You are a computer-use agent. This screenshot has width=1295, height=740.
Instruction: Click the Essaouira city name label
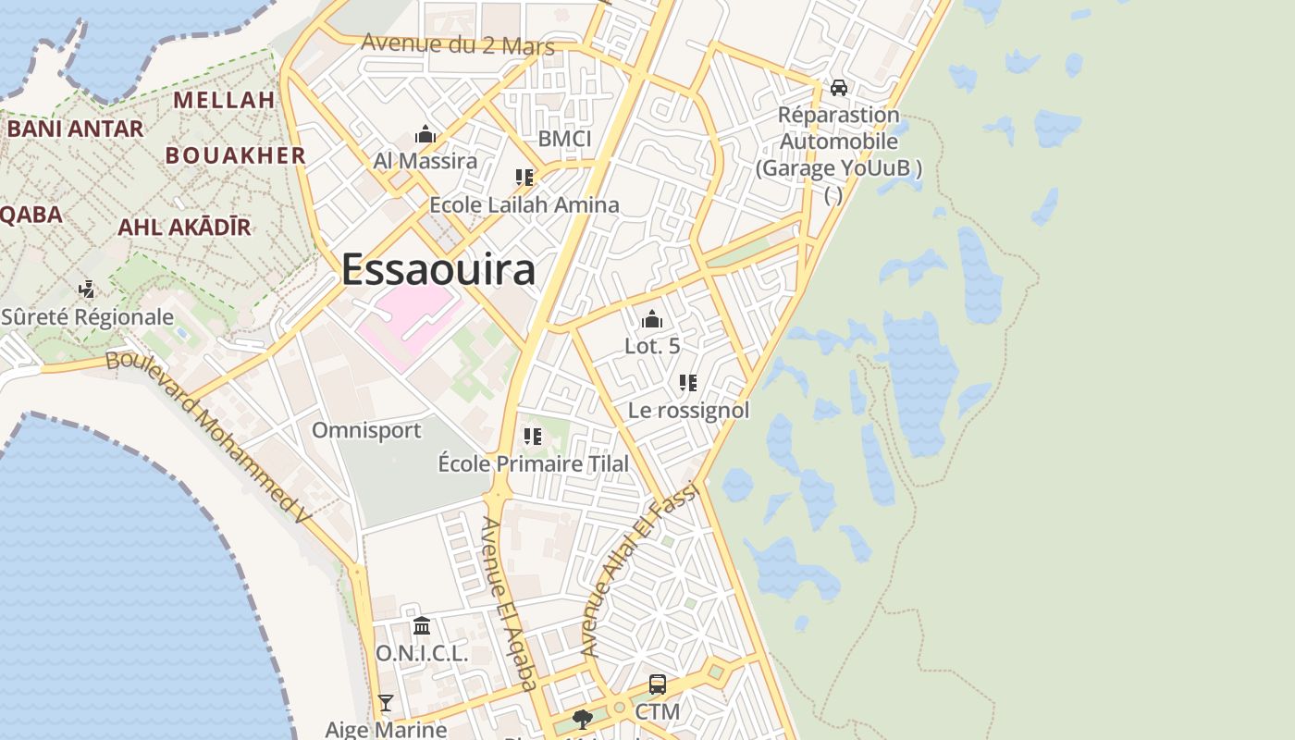[x=438, y=270]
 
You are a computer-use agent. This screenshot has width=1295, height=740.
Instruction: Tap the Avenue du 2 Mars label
[x=458, y=43]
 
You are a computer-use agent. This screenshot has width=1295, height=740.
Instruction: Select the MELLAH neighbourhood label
[x=224, y=100]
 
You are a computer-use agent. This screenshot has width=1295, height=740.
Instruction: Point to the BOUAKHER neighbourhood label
[x=235, y=155]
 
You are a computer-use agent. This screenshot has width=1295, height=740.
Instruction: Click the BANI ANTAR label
[x=76, y=129]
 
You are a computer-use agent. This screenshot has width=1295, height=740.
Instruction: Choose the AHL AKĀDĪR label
[x=184, y=227]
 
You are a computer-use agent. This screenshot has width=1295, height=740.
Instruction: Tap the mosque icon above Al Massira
[x=425, y=135]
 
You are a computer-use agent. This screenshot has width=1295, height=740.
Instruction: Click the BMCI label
[x=564, y=139]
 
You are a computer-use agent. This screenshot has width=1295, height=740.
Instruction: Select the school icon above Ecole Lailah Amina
[x=524, y=178]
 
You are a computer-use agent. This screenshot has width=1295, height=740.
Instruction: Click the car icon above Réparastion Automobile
[x=839, y=88]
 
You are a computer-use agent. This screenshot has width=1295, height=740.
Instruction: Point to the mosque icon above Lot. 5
[x=652, y=320]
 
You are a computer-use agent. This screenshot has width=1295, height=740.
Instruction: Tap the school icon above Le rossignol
[x=688, y=383]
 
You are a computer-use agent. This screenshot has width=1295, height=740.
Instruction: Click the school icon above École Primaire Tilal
[x=533, y=437]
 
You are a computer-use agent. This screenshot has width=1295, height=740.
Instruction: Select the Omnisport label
[x=366, y=430]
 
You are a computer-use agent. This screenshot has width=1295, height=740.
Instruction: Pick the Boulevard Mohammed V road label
[x=207, y=435]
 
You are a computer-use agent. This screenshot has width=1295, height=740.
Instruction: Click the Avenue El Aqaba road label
[x=509, y=604]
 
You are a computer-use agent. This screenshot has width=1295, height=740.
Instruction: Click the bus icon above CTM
[x=658, y=684]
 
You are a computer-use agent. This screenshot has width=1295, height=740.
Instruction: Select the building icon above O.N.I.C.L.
[x=422, y=626]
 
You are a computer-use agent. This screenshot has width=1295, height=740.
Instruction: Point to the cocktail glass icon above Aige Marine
[x=386, y=704]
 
